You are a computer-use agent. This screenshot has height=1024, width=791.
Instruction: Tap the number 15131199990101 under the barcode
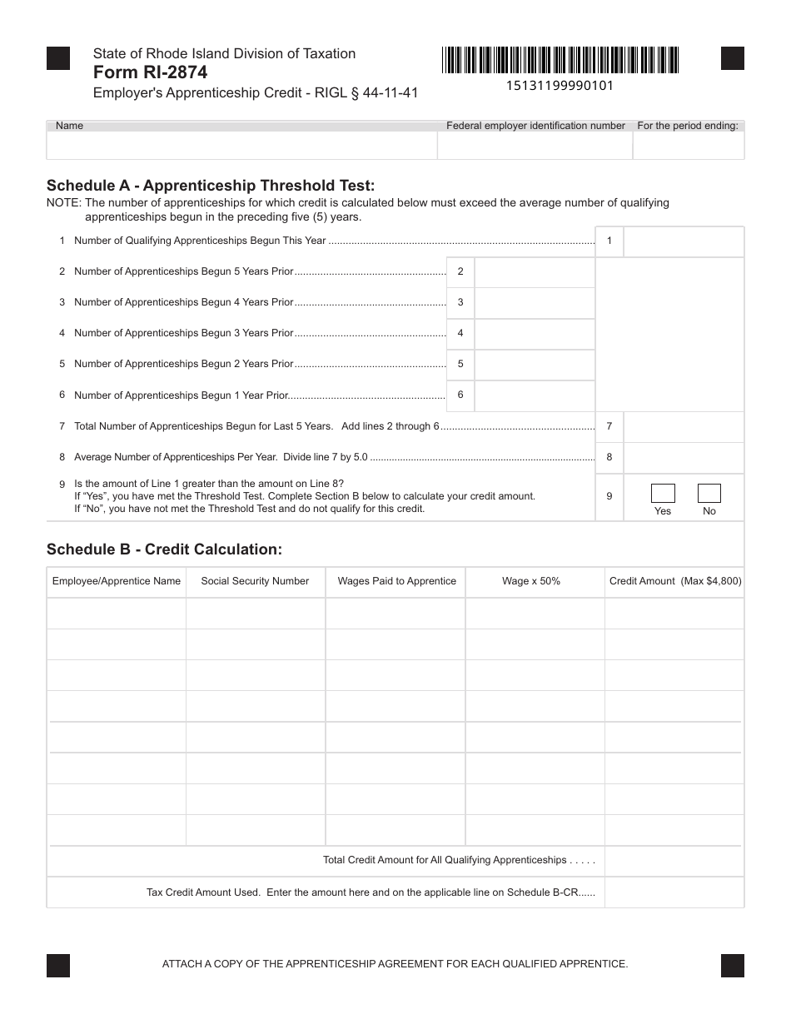coord(560,85)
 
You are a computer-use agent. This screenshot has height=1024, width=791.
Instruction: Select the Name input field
coord(241,146)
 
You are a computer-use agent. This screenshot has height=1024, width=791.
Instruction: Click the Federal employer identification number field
coord(535,146)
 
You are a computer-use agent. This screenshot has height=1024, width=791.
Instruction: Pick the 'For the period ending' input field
coord(688,146)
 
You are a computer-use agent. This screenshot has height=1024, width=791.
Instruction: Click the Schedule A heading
coord(211,185)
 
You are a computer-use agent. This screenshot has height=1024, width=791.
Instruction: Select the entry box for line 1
coord(683,241)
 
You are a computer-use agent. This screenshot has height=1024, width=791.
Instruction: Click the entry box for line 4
coord(534,334)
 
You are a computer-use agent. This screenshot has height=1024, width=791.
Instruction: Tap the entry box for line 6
coord(534,395)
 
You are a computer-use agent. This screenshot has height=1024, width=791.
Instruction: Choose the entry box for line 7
coord(683,426)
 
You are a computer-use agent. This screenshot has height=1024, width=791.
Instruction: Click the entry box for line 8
coord(683,457)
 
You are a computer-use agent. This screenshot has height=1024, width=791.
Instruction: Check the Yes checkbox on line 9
coord(663,494)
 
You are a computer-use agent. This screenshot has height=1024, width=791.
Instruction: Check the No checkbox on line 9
coord(709,494)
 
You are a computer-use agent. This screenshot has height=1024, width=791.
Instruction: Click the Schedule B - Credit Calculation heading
coord(165,549)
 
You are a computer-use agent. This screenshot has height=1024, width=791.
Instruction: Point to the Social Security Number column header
coord(255,581)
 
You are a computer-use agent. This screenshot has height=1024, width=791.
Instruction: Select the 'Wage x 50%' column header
coord(531,581)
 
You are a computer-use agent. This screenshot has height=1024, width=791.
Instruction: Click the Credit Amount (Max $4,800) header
coord(675,581)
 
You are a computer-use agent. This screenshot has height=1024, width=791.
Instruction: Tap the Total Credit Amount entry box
coord(674,861)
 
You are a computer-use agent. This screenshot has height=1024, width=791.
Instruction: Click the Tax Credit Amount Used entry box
coord(674,892)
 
